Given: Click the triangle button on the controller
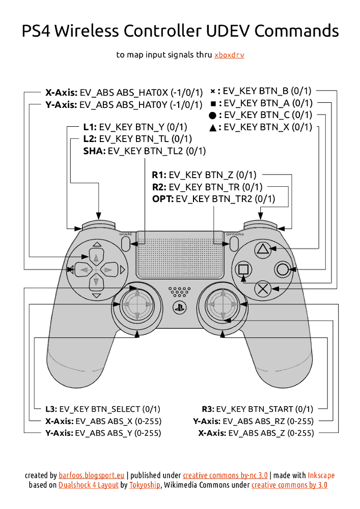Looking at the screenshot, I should tap(262, 249).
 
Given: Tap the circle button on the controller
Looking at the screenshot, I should tap(282, 269).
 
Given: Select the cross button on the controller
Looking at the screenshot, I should tap(262, 289).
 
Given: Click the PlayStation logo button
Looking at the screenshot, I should tap(179, 307).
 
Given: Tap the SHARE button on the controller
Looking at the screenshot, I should tap(126, 243).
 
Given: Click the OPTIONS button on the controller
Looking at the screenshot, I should tap(234, 243).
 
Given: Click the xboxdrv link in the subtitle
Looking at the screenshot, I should tap(229, 55).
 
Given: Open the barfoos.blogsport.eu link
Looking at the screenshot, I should tap(92, 475).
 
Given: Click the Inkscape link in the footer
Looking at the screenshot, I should tap(321, 475).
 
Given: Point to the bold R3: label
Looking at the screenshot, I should tap(208, 409).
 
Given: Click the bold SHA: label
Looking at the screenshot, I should tap(94, 151).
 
